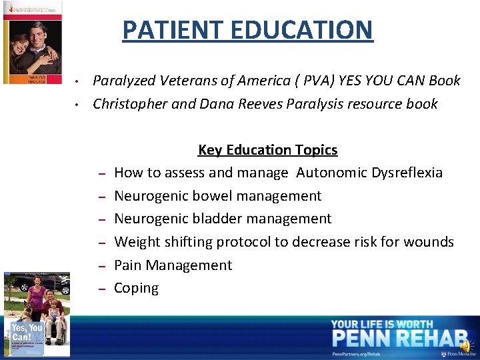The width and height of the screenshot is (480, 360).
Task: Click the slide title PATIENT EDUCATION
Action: [x=247, y=30]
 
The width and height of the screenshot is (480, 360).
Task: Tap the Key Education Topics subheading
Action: [x=267, y=150]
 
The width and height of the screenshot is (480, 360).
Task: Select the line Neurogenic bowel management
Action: [x=217, y=196]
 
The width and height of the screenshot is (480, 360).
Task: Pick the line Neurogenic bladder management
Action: [x=223, y=219]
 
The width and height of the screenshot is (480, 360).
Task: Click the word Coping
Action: [x=136, y=288]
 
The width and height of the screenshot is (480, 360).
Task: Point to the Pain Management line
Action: [x=173, y=265]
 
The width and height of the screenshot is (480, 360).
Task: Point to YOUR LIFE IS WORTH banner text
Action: [x=382, y=324]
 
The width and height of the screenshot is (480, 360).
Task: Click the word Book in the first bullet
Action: [x=445, y=81]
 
